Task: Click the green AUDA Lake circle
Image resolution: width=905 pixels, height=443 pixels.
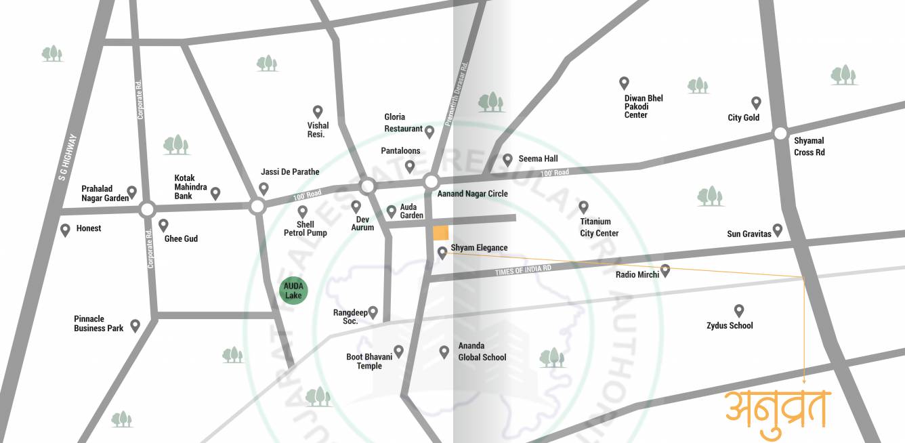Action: pos(293,291)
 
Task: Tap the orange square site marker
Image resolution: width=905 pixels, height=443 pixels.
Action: pos(440,232)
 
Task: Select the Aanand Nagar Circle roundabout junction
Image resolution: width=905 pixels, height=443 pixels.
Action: pos(432,182)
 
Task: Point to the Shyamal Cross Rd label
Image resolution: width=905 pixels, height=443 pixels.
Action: pos(809,146)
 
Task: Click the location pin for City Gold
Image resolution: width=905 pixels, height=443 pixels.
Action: pos(756,103)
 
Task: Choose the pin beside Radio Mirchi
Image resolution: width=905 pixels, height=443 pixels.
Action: pos(665,270)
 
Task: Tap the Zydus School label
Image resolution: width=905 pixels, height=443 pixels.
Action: pos(730,326)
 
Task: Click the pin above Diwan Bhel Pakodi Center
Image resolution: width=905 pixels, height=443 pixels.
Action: pos(624,83)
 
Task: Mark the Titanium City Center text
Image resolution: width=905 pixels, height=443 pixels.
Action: pos(599,228)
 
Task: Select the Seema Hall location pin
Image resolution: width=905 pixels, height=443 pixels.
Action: pos(507,159)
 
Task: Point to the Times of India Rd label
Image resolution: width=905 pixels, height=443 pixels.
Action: pos(523,269)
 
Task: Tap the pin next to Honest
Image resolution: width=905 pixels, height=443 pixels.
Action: pos(65,230)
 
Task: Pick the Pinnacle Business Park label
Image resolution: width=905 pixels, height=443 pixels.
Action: pos(99,324)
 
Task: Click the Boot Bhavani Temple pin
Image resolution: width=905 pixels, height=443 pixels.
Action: pos(398,351)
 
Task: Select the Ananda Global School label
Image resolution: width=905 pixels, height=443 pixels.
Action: pos(482,352)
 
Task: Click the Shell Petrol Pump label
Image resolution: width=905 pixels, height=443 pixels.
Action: pos(305,229)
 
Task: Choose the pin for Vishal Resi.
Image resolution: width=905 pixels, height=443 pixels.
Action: pos(317,111)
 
